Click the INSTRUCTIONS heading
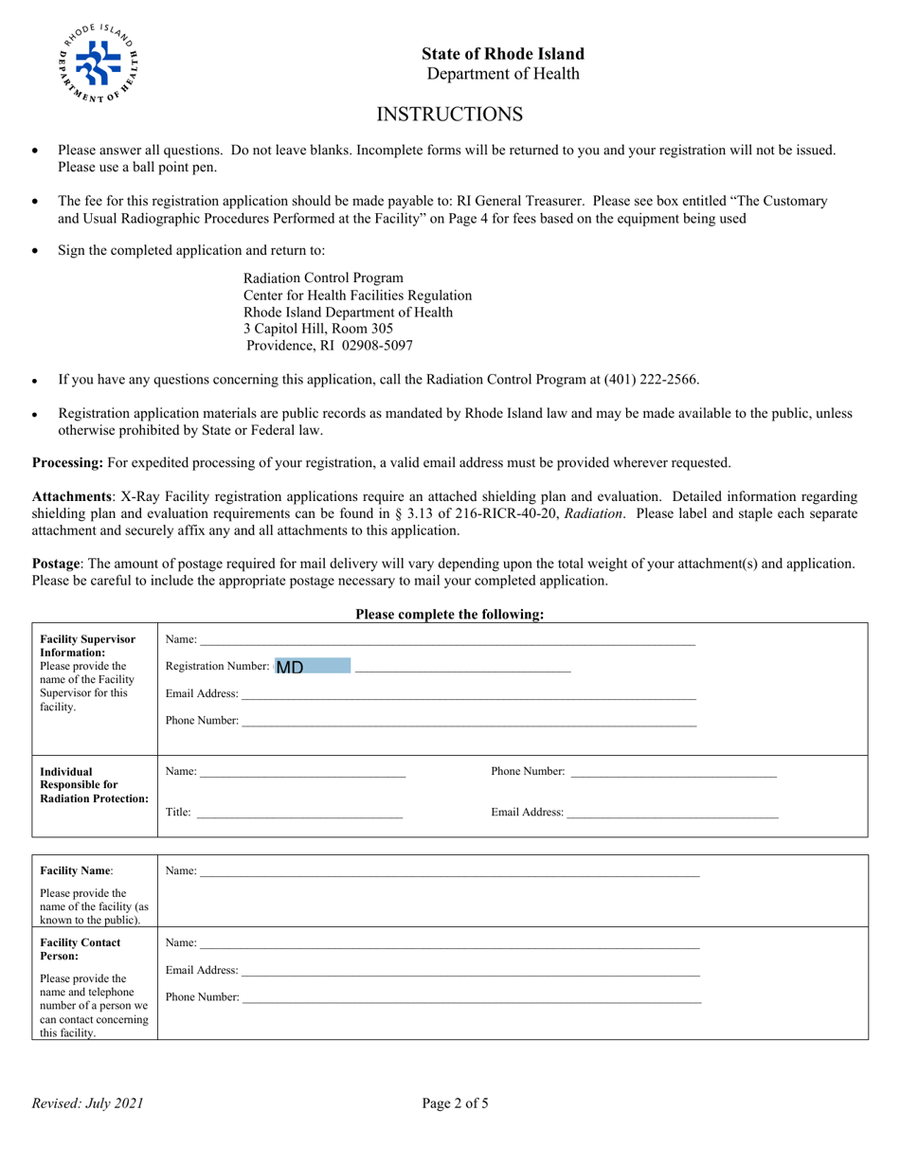(450, 115)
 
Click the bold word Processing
(67, 463)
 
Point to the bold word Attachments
(72, 496)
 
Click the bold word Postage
(57, 564)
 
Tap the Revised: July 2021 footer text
(88, 1102)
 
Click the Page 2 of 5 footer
(456, 1102)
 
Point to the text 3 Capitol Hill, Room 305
(318, 329)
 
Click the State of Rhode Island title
(503, 54)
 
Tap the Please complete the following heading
(450, 615)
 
